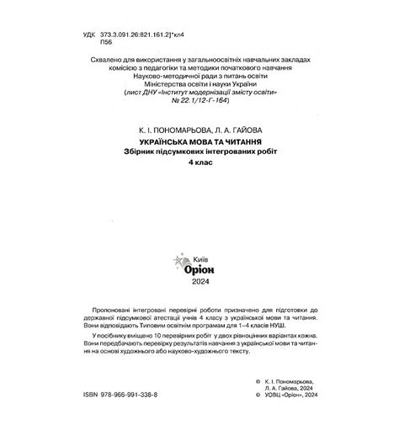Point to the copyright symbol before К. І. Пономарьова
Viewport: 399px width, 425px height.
[x=256, y=378]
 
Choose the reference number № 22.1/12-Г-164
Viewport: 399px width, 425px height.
[x=200, y=101]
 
